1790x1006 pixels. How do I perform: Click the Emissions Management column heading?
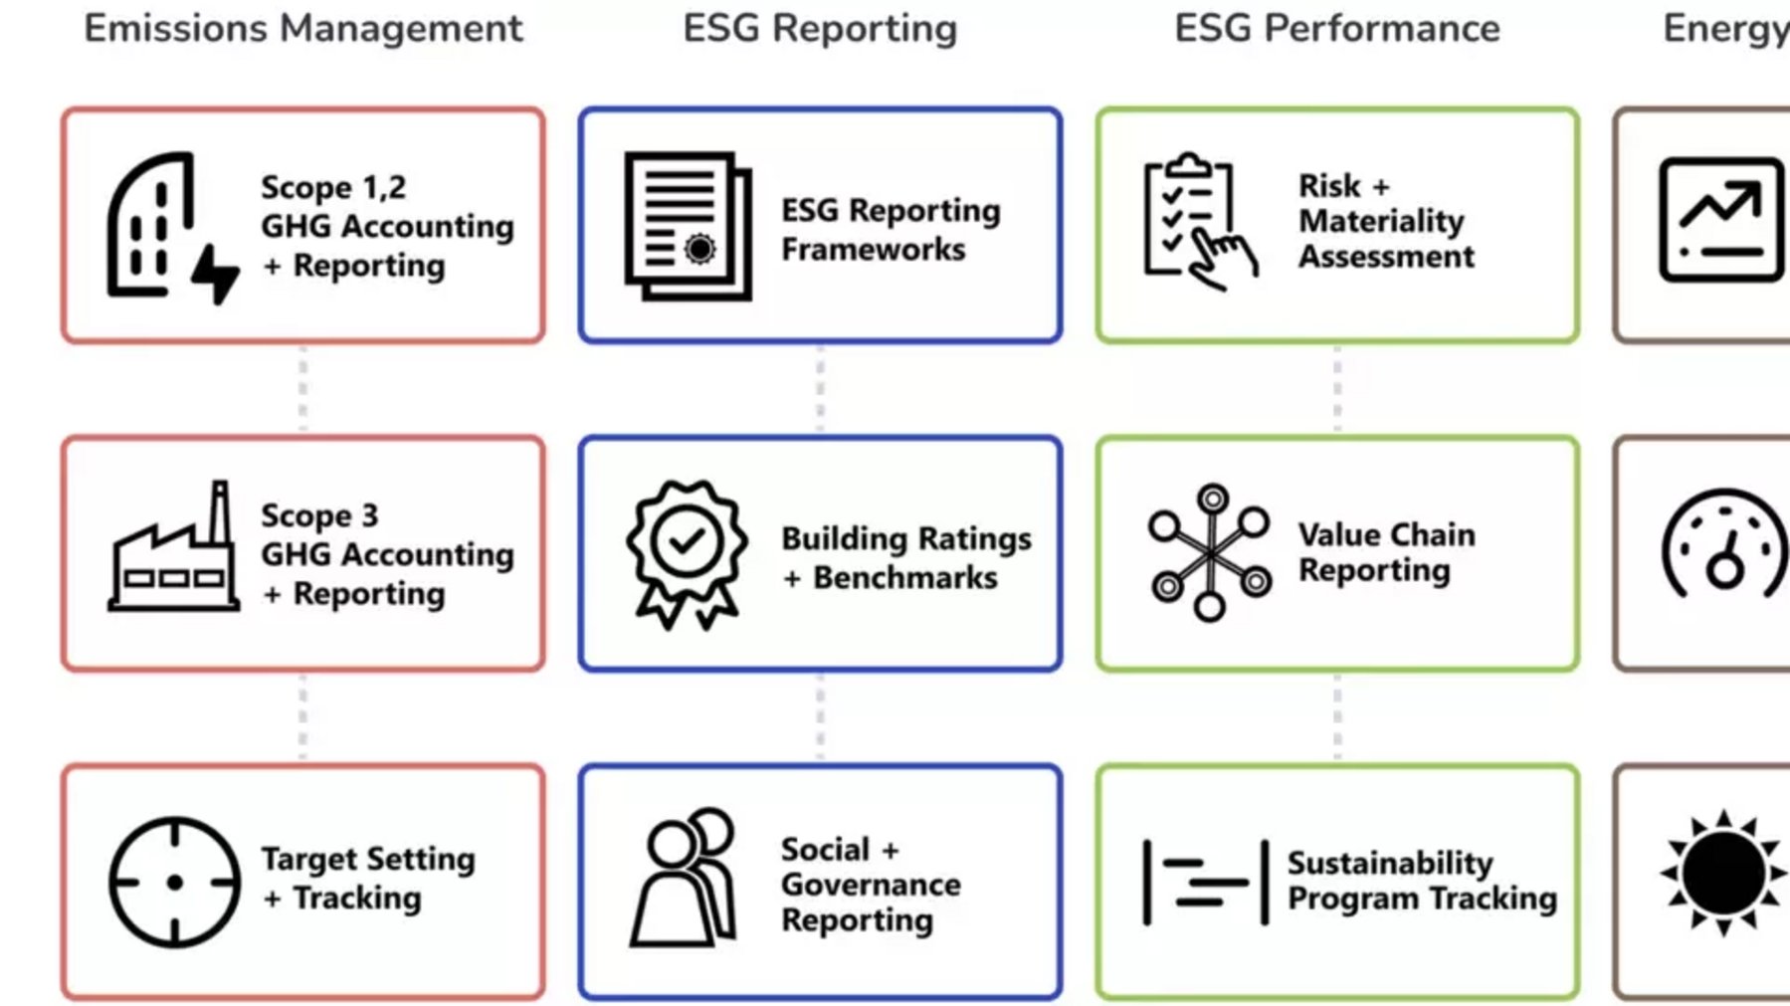coord(302,28)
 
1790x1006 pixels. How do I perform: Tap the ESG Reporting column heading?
coord(820,28)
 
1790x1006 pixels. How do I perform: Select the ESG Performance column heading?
coord(1336,28)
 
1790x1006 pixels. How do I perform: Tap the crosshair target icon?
coord(174,882)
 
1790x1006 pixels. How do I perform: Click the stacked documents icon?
coord(687,226)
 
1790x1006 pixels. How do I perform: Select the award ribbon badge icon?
coord(687,553)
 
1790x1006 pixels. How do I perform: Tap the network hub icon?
coord(1209,552)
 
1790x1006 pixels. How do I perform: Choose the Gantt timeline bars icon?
coord(1206,883)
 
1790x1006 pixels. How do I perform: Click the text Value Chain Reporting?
coord(1385,552)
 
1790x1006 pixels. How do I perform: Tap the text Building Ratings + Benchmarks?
coord(905,557)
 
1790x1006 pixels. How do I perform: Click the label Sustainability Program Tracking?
coord(1421,881)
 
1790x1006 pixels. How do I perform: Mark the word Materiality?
coord(1381,221)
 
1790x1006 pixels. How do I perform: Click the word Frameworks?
coord(873,249)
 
